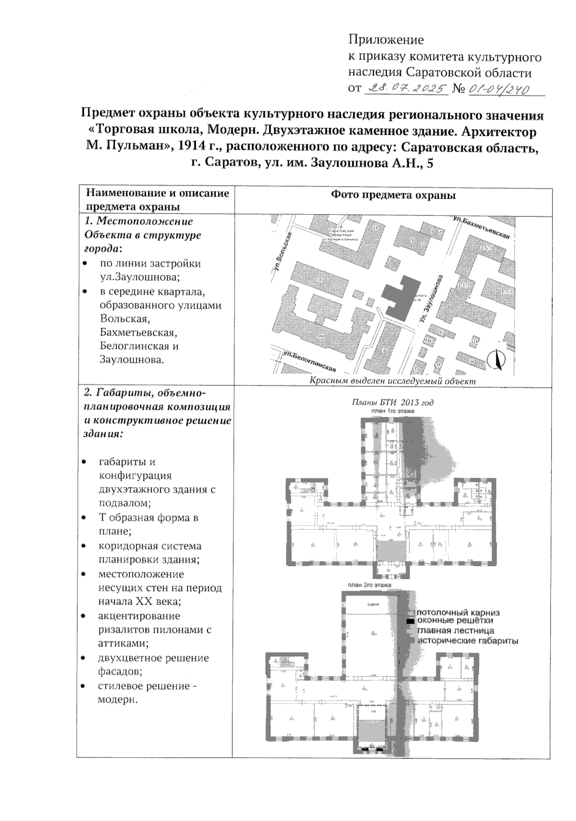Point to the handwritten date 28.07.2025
[x=406, y=89]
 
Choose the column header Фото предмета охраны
[x=393, y=195]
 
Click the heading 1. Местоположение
[x=139, y=222]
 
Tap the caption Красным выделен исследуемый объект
[x=392, y=381]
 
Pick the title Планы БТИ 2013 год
[x=393, y=403]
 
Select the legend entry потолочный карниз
[x=458, y=613]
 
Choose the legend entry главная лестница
[x=455, y=631]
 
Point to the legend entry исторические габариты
[x=468, y=640]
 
